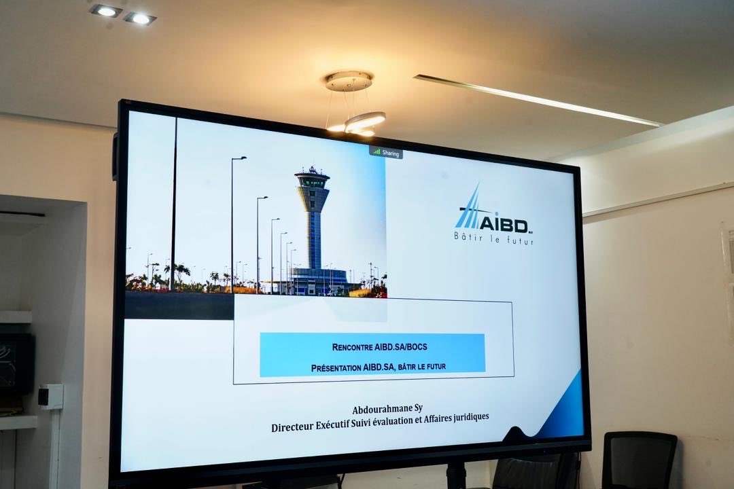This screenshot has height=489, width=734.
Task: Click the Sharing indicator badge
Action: pos(386,153)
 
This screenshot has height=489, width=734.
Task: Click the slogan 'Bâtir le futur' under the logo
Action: pos(493,239)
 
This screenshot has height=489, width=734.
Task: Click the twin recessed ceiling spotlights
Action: pos(123,14)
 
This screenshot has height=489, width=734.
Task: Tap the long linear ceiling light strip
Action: pos(537,101)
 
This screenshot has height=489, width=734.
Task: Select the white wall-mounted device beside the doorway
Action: pos(51,397)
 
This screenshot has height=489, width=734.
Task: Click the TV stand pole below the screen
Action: pos(455,475)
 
